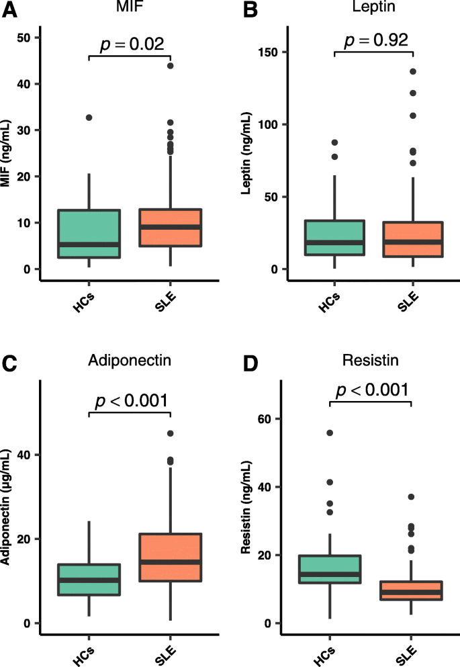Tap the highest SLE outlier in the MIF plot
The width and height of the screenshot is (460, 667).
[x=171, y=66]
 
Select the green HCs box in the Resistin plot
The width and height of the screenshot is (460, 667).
[x=330, y=569]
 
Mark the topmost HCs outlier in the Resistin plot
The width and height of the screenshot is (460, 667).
[x=330, y=433]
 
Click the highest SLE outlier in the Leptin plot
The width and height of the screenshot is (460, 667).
[x=412, y=71]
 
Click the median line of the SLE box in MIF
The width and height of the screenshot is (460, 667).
[x=171, y=227]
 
